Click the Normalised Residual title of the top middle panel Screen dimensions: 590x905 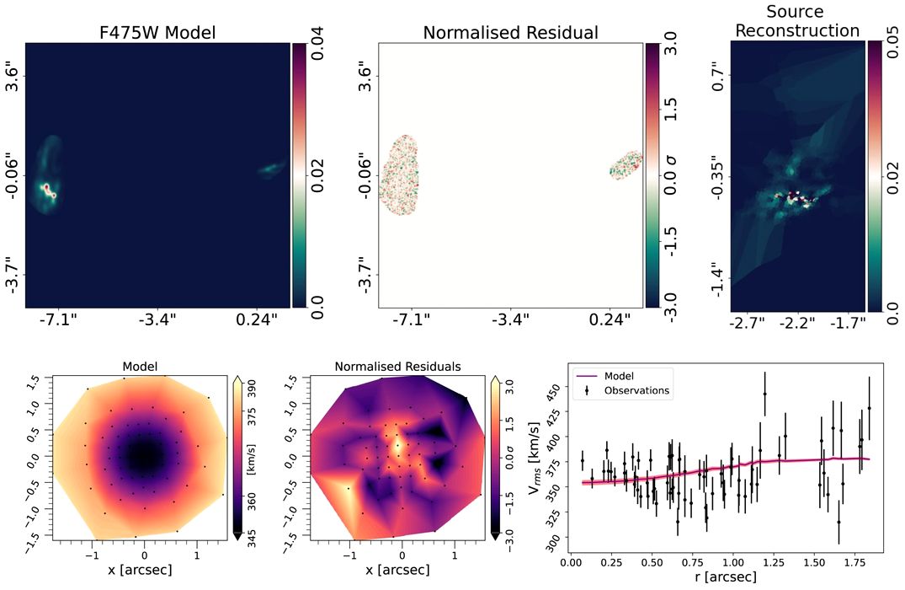coord(510,34)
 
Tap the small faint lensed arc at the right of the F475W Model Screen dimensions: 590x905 coord(270,169)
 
